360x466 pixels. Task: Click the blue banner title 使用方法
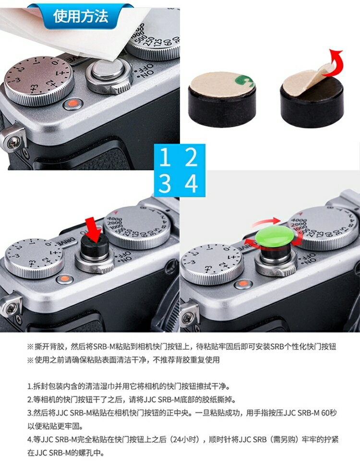(x=81, y=17)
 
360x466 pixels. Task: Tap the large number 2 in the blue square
(x=192, y=158)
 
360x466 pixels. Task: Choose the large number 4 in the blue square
(x=192, y=183)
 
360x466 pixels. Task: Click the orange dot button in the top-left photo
(x=73, y=103)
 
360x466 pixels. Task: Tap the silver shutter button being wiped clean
(x=108, y=71)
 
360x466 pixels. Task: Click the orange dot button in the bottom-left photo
(x=62, y=279)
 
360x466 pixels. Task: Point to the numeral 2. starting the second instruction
(x=30, y=399)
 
